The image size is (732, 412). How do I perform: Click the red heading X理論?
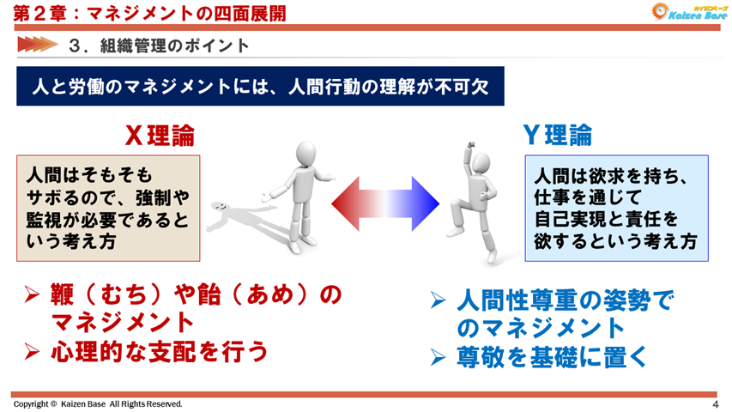tap(160, 136)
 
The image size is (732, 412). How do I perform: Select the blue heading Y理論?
tap(559, 136)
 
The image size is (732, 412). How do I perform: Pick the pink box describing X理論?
tap(108, 208)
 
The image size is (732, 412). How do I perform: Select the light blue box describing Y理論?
tap(616, 208)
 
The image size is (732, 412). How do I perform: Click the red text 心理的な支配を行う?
tap(159, 351)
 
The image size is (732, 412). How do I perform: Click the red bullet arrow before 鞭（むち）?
tap(32, 297)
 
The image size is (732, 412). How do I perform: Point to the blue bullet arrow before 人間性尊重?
tap(438, 302)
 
